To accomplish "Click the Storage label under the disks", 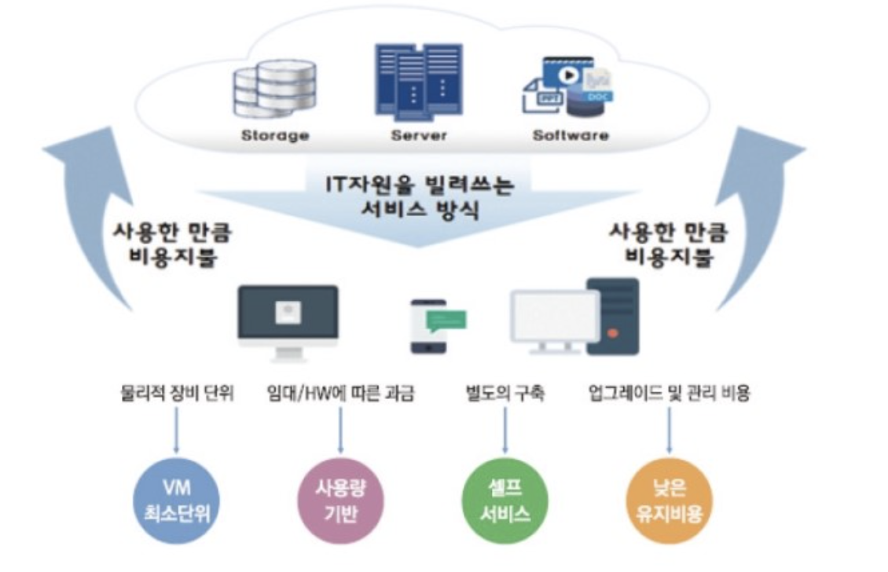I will [274, 135].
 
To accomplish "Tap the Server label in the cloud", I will [419, 135].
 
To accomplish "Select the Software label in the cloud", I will [571, 135].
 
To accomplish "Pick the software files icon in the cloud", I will [567, 85].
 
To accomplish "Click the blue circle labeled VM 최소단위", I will [174, 501].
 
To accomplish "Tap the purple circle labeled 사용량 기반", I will [340, 501].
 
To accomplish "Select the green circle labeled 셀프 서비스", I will [505, 501].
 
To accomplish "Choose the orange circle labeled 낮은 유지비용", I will [669, 501].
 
